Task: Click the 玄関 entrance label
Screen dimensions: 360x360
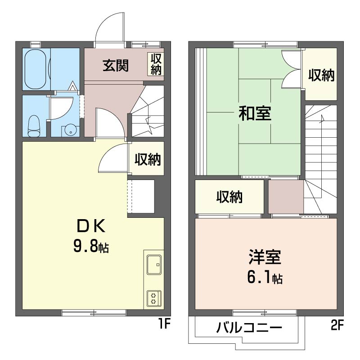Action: pos(116,66)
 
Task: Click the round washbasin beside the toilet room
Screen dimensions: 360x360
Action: pos(70,130)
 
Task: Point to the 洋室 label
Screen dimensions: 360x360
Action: pos(265,258)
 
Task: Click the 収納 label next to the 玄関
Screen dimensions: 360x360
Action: pos(156,64)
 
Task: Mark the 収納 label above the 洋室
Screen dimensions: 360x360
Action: pos(229,197)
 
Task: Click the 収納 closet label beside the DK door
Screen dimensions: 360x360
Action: pos(148,159)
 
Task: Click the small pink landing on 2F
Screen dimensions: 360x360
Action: pos(286,197)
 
